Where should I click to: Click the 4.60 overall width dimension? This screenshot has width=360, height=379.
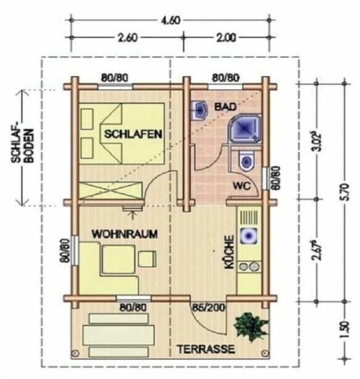[x=171, y=20]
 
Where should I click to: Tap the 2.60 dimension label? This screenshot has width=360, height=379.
[x=127, y=38]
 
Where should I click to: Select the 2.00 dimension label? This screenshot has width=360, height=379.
[x=226, y=38]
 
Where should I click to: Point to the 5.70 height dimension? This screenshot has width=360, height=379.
[x=345, y=192]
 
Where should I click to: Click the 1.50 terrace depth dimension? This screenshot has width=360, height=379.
[x=345, y=330]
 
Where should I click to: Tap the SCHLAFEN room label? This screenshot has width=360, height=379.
[x=133, y=134]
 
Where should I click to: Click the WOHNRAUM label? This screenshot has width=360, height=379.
[x=125, y=234]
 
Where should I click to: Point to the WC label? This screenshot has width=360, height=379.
[x=242, y=186]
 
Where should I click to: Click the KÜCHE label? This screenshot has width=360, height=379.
[x=229, y=252]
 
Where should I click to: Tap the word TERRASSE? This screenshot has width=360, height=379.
[x=206, y=349]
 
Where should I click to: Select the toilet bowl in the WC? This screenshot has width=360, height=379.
[x=246, y=160]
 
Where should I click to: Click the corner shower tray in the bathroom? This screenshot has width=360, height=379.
[x=244, y=128]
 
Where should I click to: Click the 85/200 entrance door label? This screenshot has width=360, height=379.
[x=208, y=307]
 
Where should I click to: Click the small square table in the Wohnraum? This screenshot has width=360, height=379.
[x=147, y=259]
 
